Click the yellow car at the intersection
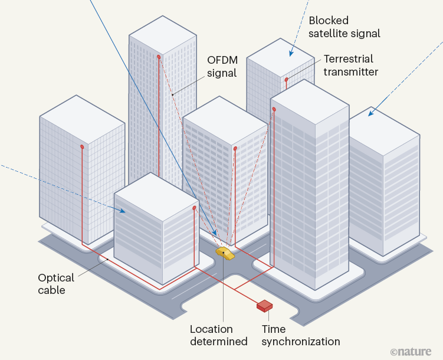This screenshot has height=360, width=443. click(x=224, y=254)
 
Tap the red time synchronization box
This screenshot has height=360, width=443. click(x=264, y=306)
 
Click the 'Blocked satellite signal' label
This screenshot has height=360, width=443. click(x=344, y=27)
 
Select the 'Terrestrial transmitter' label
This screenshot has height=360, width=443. click(x=350, y=66)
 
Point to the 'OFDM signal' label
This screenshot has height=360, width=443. click(x=222, y=67)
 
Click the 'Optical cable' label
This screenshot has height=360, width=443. click(x=56, y=284)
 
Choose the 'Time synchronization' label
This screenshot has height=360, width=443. click(x=301, y=335)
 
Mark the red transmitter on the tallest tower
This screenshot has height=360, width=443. click(x=159, y=57)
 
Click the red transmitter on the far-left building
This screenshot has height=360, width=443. click(x=82, y=146)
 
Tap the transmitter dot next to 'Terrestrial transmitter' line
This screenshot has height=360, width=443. click(x=287, y=79)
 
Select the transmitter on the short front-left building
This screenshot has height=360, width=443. click(x=194, y=208)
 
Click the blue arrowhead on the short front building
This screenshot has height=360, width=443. click(x=123, y=210)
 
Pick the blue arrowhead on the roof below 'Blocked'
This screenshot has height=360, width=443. click(x=290, y=54)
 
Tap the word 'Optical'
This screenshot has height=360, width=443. click(x=56, y=277)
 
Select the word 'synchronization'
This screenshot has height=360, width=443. click(x=301, y=342)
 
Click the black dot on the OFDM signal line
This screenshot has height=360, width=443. click(x=172, y=94)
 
